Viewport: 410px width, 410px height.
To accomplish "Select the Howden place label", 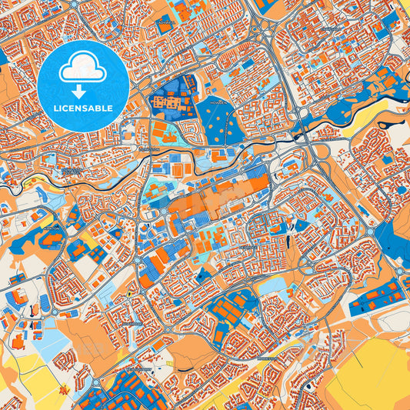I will pos(220,100).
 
